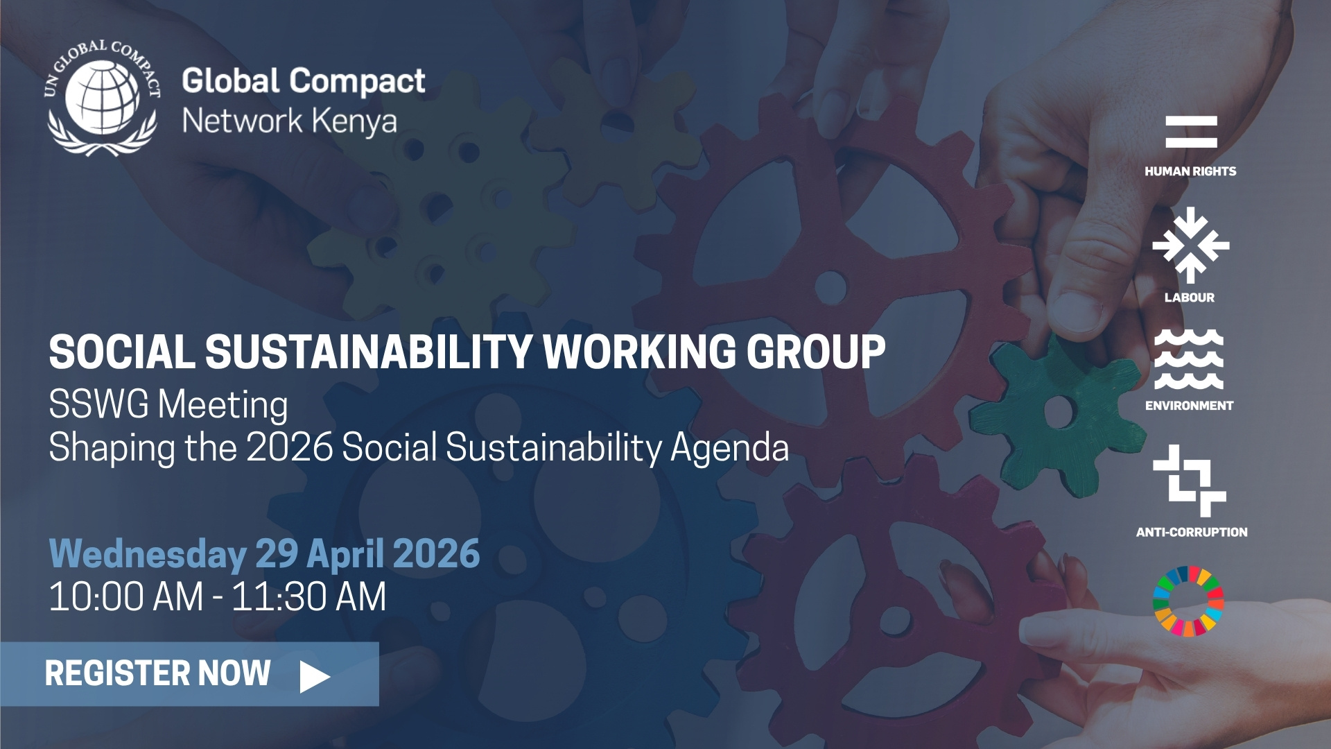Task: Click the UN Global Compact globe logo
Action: click(x=103, y=98)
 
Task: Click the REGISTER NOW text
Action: click(x=157, y=673)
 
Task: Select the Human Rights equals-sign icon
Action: click(x=1191, y=132)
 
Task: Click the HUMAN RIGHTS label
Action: click(x=1190, y=171)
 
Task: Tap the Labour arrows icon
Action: click(x=1190, y=245)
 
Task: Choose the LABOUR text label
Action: click(x=1190, y=298)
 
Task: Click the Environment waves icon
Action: click(x=1189, y=359)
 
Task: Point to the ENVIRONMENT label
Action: click(x=1190, y=406)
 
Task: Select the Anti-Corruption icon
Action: click(x=1190, y=481)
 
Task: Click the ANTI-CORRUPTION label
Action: click(x=1192, y=532)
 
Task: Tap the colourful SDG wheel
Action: click(x=1188, y=601)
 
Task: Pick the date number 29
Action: click(x=277, y=553)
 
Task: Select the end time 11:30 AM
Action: click(x=308, y=596)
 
